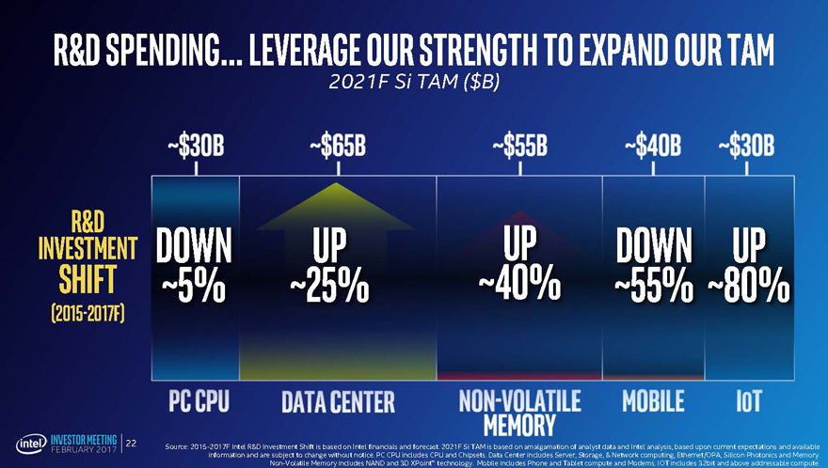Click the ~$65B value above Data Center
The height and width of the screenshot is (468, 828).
click(x=337, y=148)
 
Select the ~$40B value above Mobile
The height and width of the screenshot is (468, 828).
click(x=652, y=148)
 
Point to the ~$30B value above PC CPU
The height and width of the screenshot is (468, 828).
click(x=196, y=148)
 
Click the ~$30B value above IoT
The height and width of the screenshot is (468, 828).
click(x=746, y=148)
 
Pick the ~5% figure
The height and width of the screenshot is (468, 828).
click(x=194, y=287)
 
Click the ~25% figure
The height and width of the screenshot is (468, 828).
click(x=330, y=287)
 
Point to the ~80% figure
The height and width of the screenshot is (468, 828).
click(x=750, y=287)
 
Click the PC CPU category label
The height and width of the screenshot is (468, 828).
click(x=199, y=401)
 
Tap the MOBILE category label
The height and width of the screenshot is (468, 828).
click(x=653, y=401)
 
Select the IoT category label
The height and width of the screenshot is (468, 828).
click(x=749, y=401)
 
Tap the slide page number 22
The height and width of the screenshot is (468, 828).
click(x=132, y=443)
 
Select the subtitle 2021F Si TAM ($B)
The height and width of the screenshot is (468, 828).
click(x=414, y=83)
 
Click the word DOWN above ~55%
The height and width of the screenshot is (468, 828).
click(x=655, y=246)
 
